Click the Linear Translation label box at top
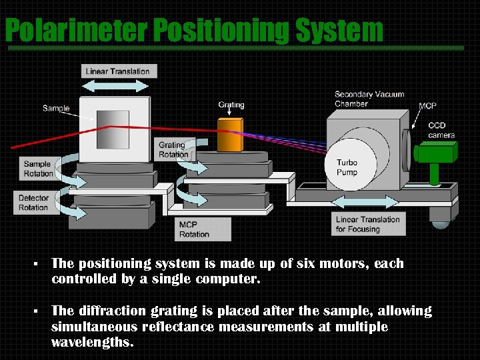pyautogui.click(x=118, y=71)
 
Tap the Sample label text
pyautogui.click(x=56, y=108)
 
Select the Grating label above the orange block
pyautogui.click(x=231, y=105)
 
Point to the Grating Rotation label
pyautogui.click(x=173, y=149)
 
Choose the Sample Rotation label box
pyautogui.click(x=38, y=169)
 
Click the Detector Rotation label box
pyautogui.click(x=33, y=203)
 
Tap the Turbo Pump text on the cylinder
pyautogui.click(x=347, y=167)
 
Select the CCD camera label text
pyautogui.click(x=441, y=130)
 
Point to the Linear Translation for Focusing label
pyautogui.click(x=367, y=224)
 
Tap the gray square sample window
pyautogui.click(x=112, y=129)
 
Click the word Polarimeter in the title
pyautogui.click(x=76, y=31)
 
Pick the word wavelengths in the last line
pyautogui.click(x=92, y=343)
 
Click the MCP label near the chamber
pyautogui.click(x=427, y=106)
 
